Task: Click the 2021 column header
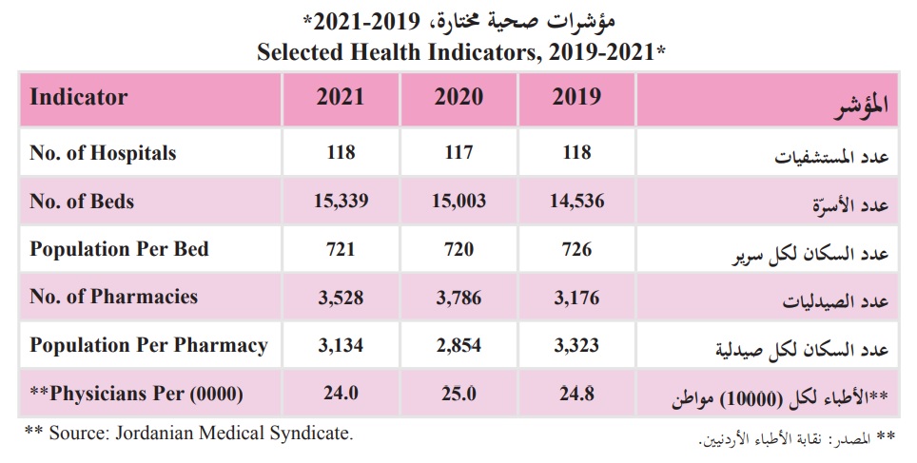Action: tap(341, 97)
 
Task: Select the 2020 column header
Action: tap(458, 97)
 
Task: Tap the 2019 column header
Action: tap(576, 97)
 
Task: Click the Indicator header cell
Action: tap(79, 97)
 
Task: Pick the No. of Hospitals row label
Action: tap(103, 152)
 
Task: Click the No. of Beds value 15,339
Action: tap(341, 201)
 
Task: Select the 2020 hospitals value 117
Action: tap(458, 152)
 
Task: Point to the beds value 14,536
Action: tap(576, 201)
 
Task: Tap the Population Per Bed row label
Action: tap(119, 249)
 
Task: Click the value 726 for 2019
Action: tap(576, 249)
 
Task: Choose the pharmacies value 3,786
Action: tap(458, 298)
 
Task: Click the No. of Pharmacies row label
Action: tap(114, 297)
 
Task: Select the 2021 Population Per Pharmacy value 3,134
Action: tap(341, 345)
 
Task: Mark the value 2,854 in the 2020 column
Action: tap(458, 345)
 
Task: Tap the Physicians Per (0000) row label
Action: tap(137, 393)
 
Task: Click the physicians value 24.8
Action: tap(576, 393)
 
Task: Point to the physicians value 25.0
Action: tap(458, 393)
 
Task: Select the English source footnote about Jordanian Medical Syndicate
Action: tap(188, 434)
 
